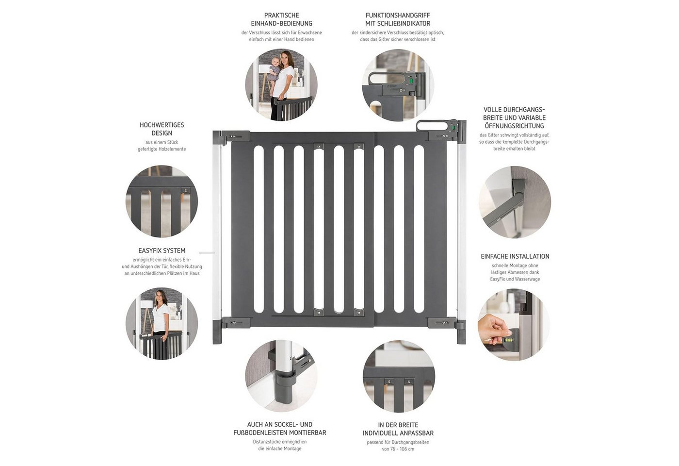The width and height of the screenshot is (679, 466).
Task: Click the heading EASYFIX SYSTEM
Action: [162, 250]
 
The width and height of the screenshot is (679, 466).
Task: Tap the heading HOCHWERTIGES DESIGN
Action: [162, 129]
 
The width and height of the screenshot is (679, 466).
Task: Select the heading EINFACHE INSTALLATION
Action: [515, 256]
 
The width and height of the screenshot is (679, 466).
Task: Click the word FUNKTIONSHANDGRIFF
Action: [398, 15]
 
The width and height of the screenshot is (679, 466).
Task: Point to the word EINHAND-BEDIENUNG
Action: [282, 23]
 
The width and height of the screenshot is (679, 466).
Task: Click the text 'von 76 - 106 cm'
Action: [398, 449]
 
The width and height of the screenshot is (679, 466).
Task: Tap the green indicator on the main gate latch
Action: [454, 128]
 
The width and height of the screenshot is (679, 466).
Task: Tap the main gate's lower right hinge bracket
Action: [442, 323]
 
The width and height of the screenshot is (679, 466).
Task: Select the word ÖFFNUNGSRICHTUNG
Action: [515, 126]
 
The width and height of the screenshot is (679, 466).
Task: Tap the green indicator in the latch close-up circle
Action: [411, 81]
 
